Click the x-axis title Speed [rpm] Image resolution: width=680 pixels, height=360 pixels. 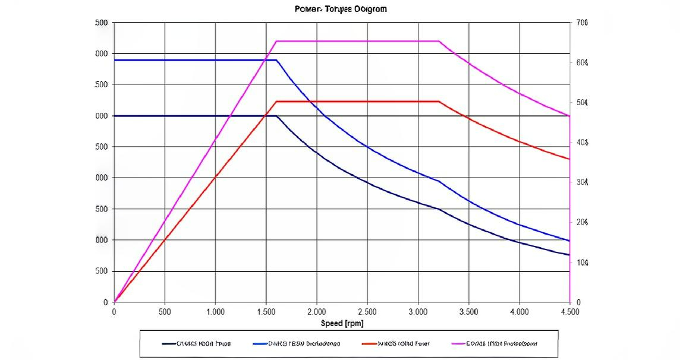(342, 323)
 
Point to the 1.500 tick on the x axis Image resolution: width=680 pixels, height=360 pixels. (266, 311)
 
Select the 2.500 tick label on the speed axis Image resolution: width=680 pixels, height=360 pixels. (367, 311)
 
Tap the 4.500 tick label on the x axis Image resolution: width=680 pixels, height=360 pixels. (569, 311)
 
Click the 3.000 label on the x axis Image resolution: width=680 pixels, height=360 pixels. (418, 311)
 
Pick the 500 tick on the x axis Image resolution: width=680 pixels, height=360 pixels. (165, 311)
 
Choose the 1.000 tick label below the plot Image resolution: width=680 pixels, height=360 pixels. (215, 311)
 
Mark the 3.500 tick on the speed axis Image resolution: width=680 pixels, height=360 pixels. (468, 311)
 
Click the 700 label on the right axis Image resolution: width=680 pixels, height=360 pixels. (582, 23)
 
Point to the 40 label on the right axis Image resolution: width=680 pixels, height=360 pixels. (582, 143)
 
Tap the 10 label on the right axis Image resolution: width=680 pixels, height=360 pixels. (582, 262)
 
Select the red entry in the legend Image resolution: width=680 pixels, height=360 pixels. (395, 343)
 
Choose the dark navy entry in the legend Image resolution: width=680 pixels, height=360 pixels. (196, 343)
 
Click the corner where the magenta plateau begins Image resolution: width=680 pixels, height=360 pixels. (276, 41)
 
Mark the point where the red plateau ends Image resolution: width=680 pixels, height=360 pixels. (439, 102)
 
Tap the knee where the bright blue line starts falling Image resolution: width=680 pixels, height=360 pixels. (276, 60)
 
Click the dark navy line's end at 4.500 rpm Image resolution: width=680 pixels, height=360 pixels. (569, 255)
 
